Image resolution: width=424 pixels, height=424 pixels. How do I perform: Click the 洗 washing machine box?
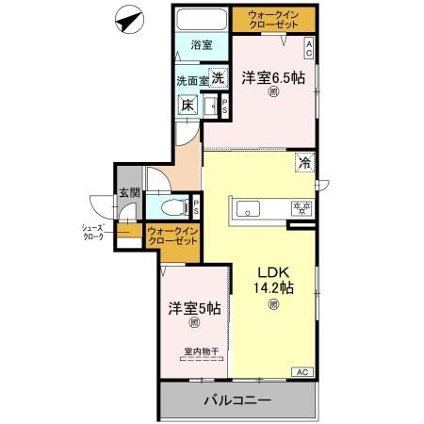(x=218, y=81)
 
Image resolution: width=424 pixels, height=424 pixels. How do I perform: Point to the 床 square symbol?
(x=188, y=106)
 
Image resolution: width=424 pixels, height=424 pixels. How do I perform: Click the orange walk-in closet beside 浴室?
(x=275, y=20)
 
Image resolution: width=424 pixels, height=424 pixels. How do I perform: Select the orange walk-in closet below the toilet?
(x=172, y=236)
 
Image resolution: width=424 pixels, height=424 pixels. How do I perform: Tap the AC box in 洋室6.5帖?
(x=309, y=44)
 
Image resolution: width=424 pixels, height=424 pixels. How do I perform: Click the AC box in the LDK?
(x=303, y=373)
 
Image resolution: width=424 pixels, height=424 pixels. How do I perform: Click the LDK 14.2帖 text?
(x=272, y=282)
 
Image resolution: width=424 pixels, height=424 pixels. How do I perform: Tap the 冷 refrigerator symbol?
(x=305, y=163)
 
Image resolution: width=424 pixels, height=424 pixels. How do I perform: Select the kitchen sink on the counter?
(x=253, y=209)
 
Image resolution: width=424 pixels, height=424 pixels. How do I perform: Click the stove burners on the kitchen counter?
(x=302, y=209)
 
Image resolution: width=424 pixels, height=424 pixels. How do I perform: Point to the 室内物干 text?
(x=201, y=352)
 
